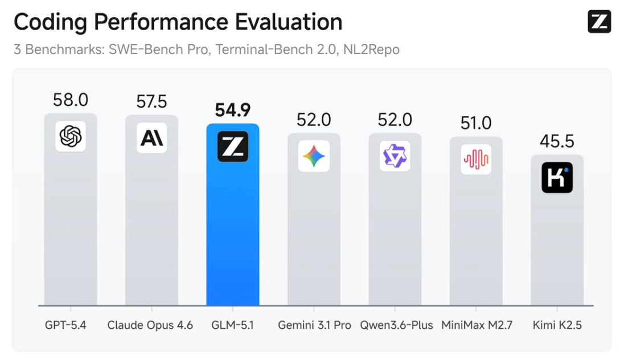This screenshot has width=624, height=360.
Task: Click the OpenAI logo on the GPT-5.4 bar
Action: coord(71,136)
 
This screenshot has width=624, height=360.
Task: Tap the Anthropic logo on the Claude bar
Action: coord(151,138)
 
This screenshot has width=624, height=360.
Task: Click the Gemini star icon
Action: coord(314,156)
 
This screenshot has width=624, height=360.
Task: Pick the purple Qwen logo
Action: coord(395,156)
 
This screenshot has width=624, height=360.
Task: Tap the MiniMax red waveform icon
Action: coord(476,159)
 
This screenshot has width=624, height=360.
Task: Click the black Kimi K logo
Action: coord(557,178)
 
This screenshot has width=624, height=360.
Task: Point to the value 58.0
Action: coord(71,100)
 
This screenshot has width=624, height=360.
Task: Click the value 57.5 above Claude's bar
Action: coord(151,102)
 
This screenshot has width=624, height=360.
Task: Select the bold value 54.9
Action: coord(232,111)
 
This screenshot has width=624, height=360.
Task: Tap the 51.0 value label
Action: coord(476,123)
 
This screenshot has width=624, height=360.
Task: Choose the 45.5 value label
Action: coord(557,141)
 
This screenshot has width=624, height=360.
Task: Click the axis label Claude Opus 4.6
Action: coord(150,325)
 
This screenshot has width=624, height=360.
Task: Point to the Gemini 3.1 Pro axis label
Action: coord(314,325)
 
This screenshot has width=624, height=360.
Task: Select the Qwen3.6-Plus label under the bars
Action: coord(396,325)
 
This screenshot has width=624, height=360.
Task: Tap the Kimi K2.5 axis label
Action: coord(557,325)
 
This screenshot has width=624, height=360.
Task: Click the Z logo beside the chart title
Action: coord(599,22)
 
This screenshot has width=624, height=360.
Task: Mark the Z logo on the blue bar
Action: coord(233,146)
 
